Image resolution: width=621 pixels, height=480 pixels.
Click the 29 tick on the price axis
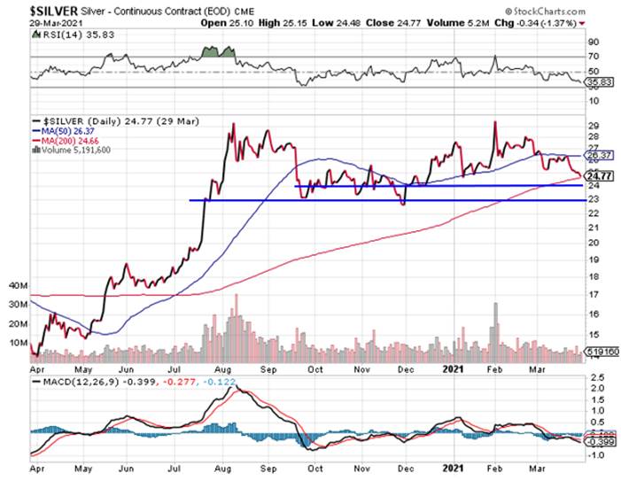[x=596, y=127]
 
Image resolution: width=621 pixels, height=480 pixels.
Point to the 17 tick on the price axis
[x=596, y=295]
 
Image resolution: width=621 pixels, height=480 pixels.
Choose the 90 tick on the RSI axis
[x=596, y=41]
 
